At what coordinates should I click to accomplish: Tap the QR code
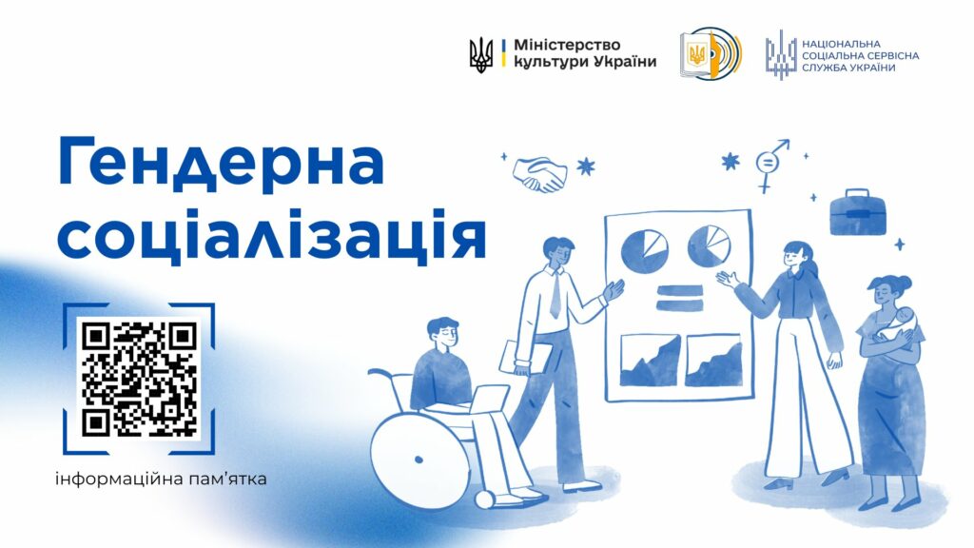coord(139,378)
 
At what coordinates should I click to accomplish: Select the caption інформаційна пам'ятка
coord(161,479)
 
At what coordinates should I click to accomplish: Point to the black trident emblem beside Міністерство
coord(482,54)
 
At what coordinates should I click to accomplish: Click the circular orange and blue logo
coord(710,54)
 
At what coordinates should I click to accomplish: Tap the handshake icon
coord(539,175)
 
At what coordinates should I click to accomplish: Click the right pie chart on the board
coord(710,245)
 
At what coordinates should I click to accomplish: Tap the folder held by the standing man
coord(527,358)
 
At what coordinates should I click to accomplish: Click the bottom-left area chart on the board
coord(650,360)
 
